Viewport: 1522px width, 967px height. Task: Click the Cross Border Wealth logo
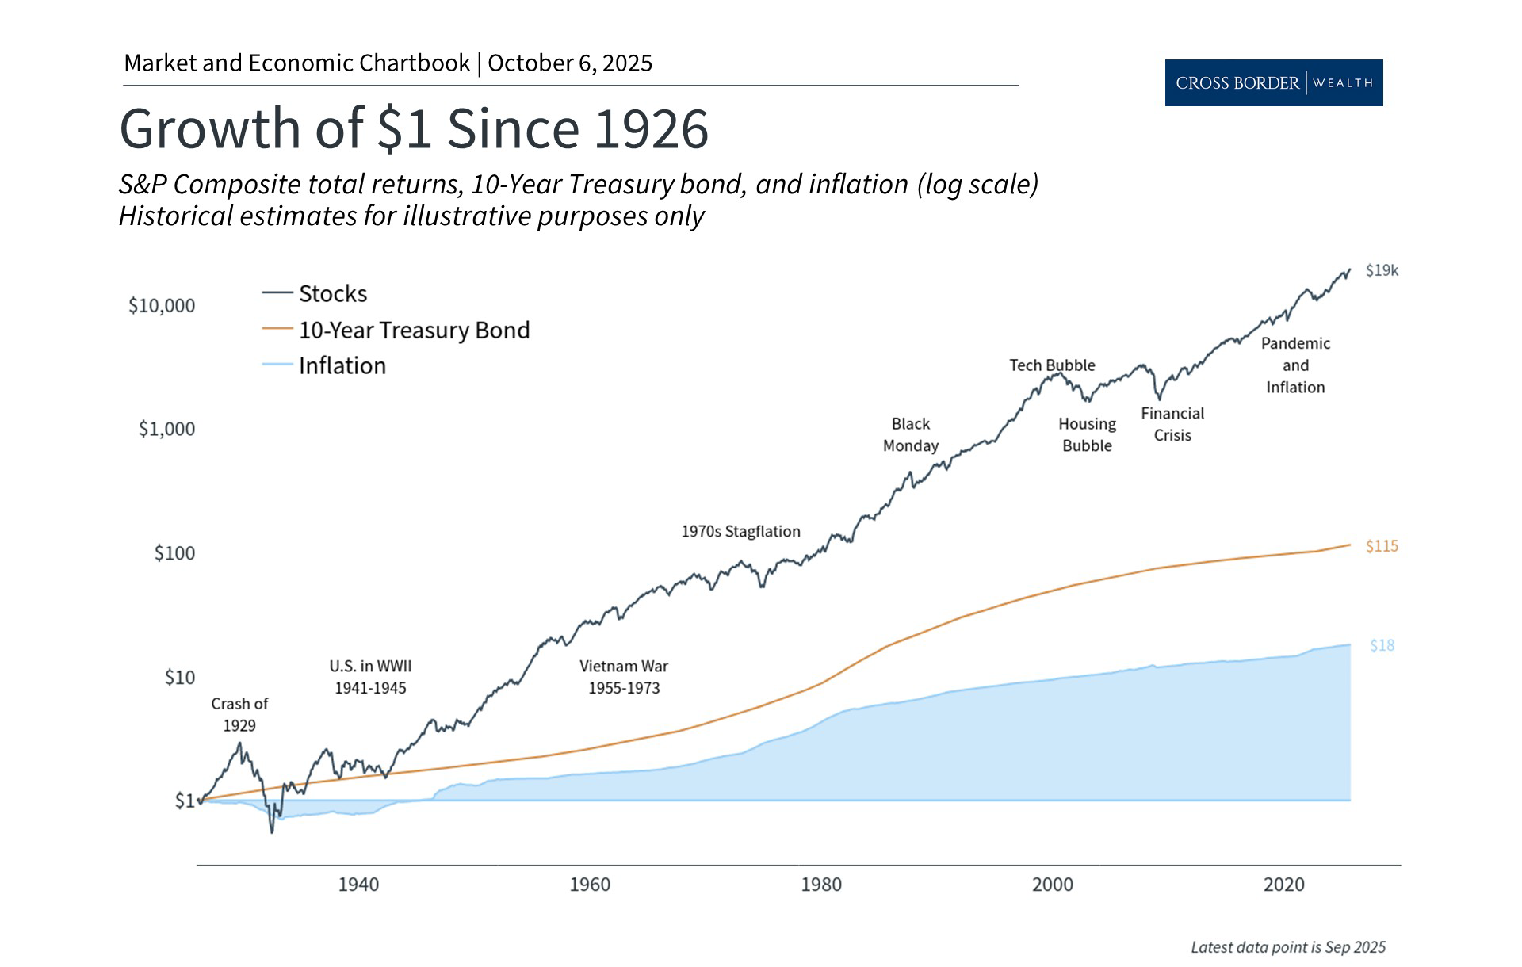1273,82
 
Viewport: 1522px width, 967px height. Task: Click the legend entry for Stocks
332,293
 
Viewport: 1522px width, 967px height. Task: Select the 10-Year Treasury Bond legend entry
413,330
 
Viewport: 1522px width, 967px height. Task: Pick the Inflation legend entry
342,365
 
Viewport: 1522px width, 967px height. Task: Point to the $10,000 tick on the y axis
162,305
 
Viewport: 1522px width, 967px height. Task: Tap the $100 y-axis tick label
174,552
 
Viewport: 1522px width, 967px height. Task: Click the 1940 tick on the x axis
358,884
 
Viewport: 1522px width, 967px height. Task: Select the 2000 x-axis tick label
1052,884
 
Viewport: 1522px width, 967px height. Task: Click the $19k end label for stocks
1382,270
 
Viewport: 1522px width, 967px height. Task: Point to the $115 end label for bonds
1382,546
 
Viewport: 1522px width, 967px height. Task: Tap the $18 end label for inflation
1382,645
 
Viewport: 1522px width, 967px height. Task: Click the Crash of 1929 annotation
239,714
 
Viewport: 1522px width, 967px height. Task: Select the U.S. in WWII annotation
370,677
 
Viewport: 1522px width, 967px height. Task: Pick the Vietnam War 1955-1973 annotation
624,677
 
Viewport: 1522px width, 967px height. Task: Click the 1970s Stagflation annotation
740,531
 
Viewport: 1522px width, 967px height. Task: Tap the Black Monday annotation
910,434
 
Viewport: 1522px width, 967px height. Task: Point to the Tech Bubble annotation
1052,365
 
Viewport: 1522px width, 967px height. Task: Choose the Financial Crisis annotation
1172,424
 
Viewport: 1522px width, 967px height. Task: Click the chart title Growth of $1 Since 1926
414,128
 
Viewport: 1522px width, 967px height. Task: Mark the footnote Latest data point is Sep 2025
1288,947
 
